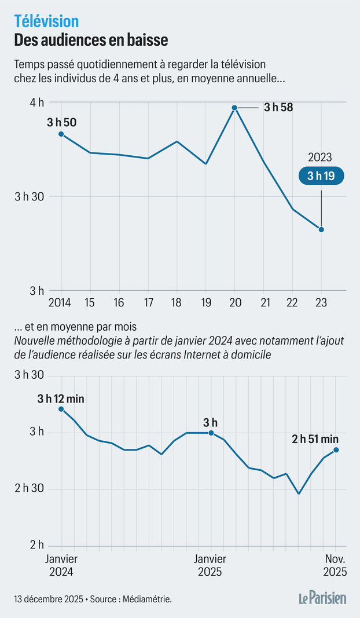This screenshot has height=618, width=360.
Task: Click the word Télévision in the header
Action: (x=46, y=21)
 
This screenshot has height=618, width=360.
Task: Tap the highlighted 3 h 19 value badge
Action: (x=321, y=176)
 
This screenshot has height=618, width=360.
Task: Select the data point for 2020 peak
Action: (x=234, y=108)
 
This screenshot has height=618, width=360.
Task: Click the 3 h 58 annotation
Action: (x=278, y=107)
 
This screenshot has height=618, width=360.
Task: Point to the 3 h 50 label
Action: (x=62, y=122)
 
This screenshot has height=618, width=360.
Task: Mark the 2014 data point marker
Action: (x=61, y=134)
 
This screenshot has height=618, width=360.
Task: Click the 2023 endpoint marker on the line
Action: (x=321, y=229)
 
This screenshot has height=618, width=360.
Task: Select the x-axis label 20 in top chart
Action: (x=234, y=303)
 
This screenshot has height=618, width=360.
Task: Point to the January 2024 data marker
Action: (x=61, y=409)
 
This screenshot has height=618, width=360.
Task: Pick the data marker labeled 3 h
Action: (x=211, y=433)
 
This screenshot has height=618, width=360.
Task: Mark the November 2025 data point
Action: (x=336, y=450)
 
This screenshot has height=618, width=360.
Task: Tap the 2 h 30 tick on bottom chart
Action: (x=29, y=489)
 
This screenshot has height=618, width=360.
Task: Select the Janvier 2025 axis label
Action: (x=210, y=565)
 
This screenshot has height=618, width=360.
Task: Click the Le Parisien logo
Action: (x=323, y=598)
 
